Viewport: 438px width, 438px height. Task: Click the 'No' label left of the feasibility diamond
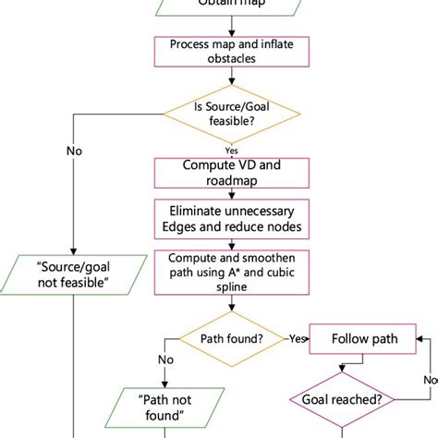coord(73,151)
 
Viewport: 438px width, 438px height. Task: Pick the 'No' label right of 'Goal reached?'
coord(430,378)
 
